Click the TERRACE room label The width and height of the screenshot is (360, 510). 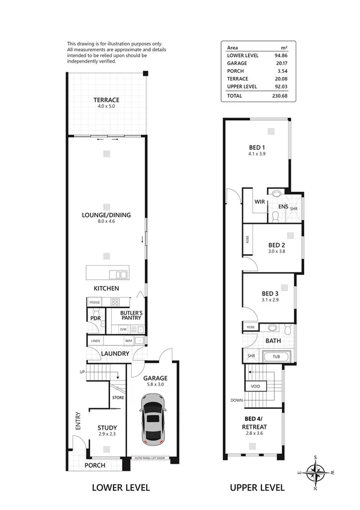tap(106, 100)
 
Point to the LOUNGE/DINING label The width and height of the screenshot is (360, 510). tap(106, 215)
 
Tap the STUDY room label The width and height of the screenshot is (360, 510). tap(107, 428)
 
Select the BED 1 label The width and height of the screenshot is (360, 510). tap(257, 147)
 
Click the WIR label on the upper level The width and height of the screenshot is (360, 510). tap(260, 202)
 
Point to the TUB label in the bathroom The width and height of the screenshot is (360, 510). tap(276, 356)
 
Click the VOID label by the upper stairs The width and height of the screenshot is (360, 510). tap(256, 387)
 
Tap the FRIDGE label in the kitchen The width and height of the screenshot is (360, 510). tap(95, 302)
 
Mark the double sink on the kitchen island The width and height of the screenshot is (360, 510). tap(121, 275)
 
